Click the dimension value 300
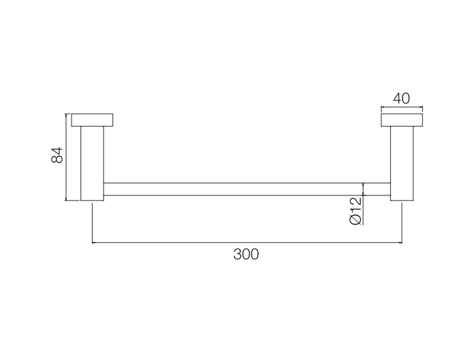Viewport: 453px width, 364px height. coord(246,254)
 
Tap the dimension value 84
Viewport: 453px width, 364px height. coord(57,155)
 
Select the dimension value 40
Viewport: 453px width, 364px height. coord(401,98)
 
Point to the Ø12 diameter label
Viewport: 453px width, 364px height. coord(356,211)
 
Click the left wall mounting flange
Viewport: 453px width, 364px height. coord(92,120)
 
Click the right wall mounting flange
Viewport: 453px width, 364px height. coord(402,120)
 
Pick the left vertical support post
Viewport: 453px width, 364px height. coord(92,163)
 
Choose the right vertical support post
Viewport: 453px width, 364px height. coord(402,163)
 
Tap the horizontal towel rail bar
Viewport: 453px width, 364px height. coord(247,189)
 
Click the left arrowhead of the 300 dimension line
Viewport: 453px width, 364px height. coord(93,243)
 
